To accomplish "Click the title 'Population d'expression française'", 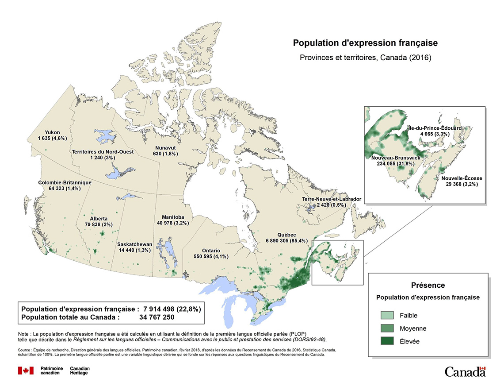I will point(365,43).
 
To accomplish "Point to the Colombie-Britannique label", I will point(65,182).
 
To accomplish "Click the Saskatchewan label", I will point(135,244).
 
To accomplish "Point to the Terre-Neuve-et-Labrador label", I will point(332,200).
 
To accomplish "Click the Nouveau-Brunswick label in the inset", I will point(393,158).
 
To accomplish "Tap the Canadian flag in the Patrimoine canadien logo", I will point(26,371).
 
